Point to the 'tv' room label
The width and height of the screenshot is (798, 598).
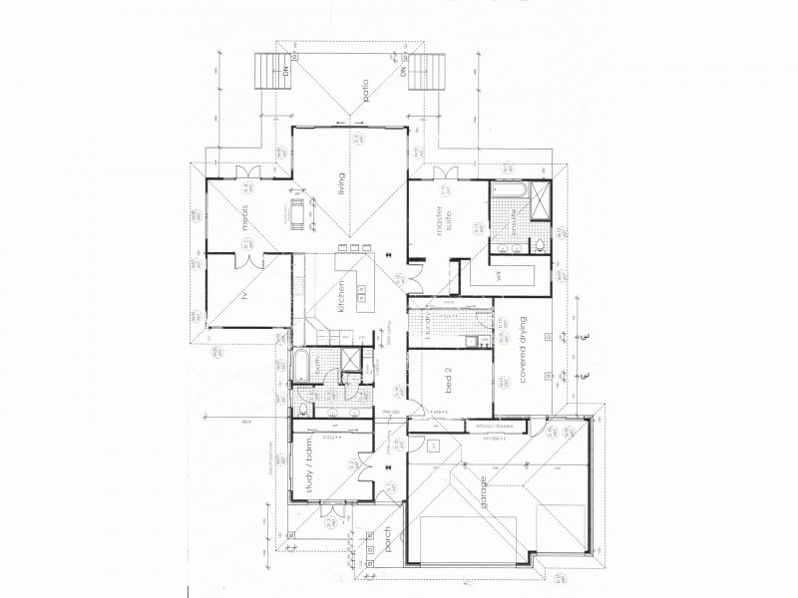pos(244,297)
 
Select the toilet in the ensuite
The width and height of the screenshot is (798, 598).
pos(540,244)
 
